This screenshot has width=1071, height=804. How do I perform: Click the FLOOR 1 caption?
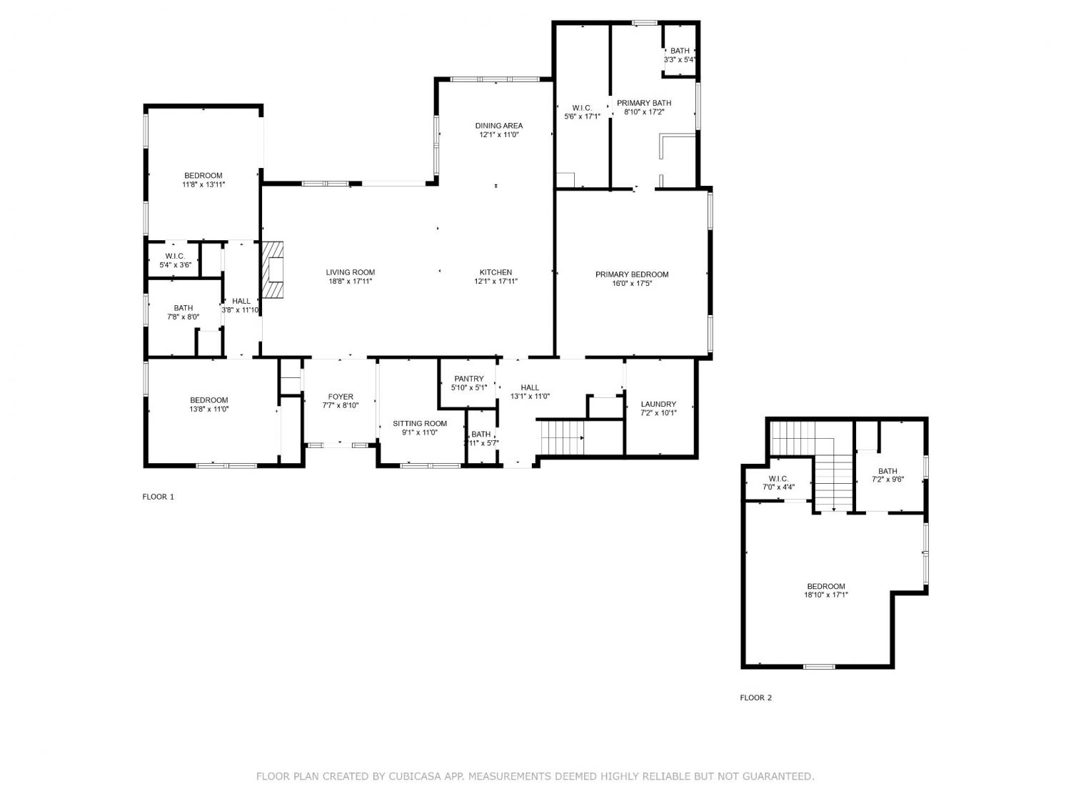pos(158,497)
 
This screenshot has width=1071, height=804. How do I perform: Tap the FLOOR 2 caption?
pos(756,698)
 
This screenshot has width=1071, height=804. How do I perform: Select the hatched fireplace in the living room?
pos(273,269)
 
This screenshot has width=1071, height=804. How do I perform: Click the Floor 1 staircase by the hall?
pos(563,437)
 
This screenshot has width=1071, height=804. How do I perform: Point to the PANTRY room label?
pos(469,379)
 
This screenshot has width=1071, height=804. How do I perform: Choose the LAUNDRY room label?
pos(658,405)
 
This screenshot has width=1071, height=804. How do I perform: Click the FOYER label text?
pos(341,397)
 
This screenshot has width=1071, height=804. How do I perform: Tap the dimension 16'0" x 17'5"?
pos(632,283)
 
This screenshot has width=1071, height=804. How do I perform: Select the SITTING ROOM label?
pos(420,424)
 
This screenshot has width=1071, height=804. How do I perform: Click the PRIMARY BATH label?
pos(644,103)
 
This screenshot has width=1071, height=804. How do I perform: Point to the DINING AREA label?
pos(498,126)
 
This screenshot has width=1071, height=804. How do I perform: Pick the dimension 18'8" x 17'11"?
pos(351,281)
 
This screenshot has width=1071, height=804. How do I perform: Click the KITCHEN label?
pos(496,272)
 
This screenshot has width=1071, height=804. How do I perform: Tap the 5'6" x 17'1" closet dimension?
pos(582,116)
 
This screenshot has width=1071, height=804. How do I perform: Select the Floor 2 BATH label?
pos(888,471)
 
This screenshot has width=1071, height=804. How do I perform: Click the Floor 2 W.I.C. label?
pos(778,479)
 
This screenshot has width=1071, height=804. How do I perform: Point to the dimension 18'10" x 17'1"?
pos(826,595)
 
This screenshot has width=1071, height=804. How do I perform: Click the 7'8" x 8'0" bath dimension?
pos(183,317)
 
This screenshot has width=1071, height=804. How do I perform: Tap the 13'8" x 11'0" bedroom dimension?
pos(208,409)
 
